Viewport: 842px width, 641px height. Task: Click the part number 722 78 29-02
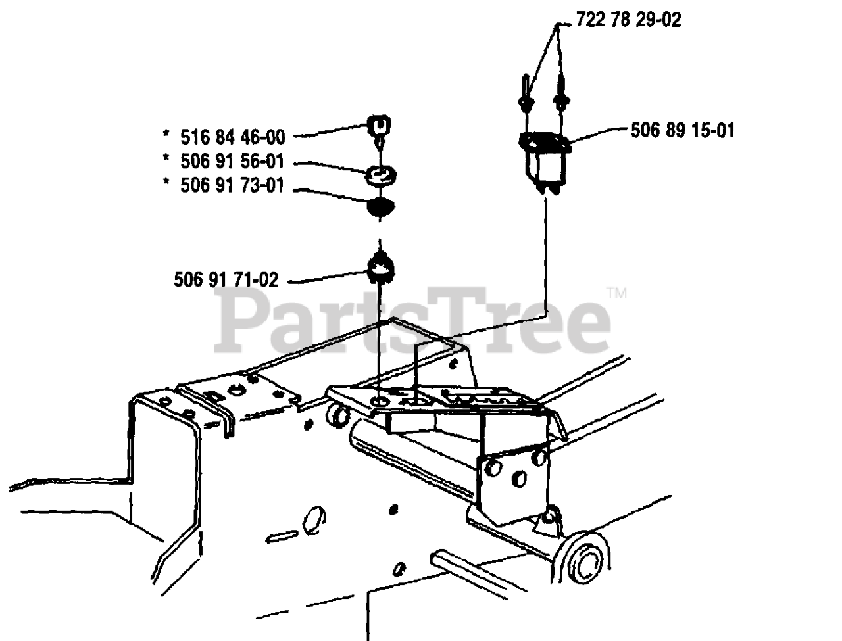[x=628, y=20]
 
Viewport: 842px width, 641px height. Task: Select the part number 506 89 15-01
[x=682, y=130]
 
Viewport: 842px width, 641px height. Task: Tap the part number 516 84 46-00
[x=233, y=137]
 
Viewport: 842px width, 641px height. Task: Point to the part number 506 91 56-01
[x=233, y=161]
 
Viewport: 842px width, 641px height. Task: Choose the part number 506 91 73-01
[x=233, y=185]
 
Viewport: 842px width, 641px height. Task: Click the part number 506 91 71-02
[x=226, y=280]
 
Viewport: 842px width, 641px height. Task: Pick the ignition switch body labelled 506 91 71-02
[x=380, y=266]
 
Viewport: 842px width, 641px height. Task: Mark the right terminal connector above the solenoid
[x=560, y=95]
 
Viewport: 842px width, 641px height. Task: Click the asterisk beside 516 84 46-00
[x=166, y=135]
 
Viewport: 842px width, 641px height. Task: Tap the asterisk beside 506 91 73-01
[x=166, y=184]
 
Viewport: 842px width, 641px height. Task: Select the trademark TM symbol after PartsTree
[x=617, y=293]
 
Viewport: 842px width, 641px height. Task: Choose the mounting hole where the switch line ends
[x=380, y=401]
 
